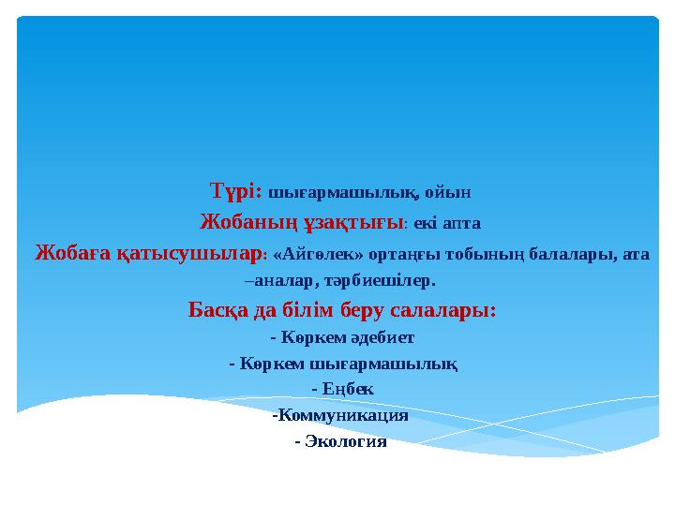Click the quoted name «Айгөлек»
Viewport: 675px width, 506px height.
point(315,254)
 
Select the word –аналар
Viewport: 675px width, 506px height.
point(277,280)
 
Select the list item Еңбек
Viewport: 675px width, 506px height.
point(342,388)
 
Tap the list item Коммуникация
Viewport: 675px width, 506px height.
point(340,414)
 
